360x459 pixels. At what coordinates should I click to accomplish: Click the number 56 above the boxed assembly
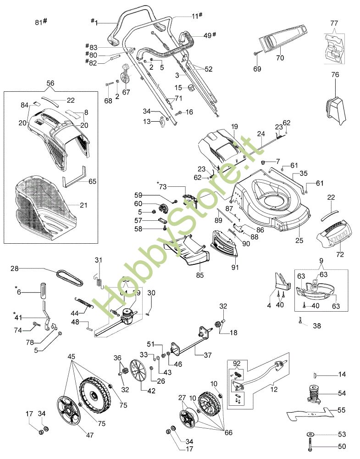pyautogui.click(x=50, y=84)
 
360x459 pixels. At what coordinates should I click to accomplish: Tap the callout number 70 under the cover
pyautogui.click(x=280, y=58)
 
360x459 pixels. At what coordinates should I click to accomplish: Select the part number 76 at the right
pyautogui.click(x=335, y=74)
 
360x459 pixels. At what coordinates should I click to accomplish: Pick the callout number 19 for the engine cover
pyautogui.click(x=234, y=126)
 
